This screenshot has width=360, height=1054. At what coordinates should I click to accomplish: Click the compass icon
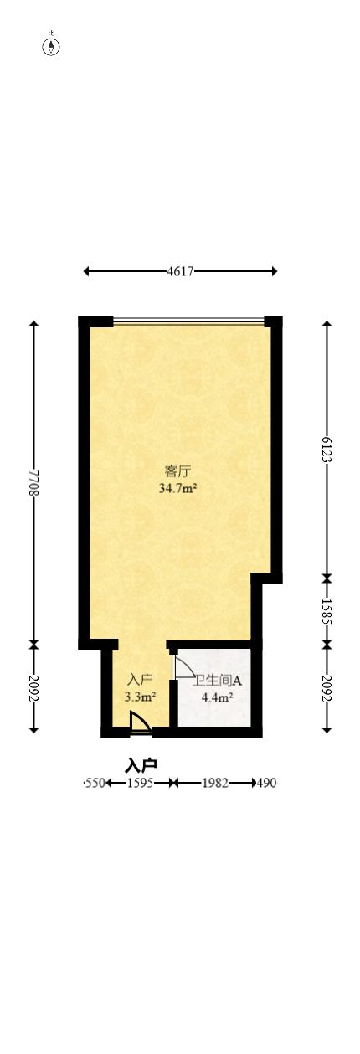[x=52, y=45]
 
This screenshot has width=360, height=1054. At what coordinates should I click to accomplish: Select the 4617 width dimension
[x=180, y=271]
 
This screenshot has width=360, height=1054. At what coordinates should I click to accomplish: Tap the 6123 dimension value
[x=327, y=449]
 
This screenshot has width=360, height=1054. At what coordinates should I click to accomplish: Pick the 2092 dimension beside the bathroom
[x=327, y=688]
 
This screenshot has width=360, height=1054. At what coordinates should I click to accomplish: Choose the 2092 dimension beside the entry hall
[x=33, y=688]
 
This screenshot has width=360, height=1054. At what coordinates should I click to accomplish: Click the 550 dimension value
[x=95, y=783]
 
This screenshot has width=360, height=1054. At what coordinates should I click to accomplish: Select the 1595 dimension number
[x=139, y=783]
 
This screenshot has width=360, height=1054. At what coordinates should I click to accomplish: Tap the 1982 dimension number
[x=214, y=783]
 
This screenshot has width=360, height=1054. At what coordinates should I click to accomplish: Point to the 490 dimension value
[x=266, y=783]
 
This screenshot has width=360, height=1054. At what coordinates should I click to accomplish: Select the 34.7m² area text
[x=177, y=487]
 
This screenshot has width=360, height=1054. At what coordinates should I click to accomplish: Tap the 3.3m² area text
[x=140, y=696]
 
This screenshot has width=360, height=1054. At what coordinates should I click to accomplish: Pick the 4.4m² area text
[x=217, y=696]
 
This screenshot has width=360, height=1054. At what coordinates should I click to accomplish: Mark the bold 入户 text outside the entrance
[x=141, y=765]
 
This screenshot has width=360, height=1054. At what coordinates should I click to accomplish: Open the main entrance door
[x=140, y=724]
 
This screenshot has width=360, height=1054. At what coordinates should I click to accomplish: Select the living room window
[x=188, y=321]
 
